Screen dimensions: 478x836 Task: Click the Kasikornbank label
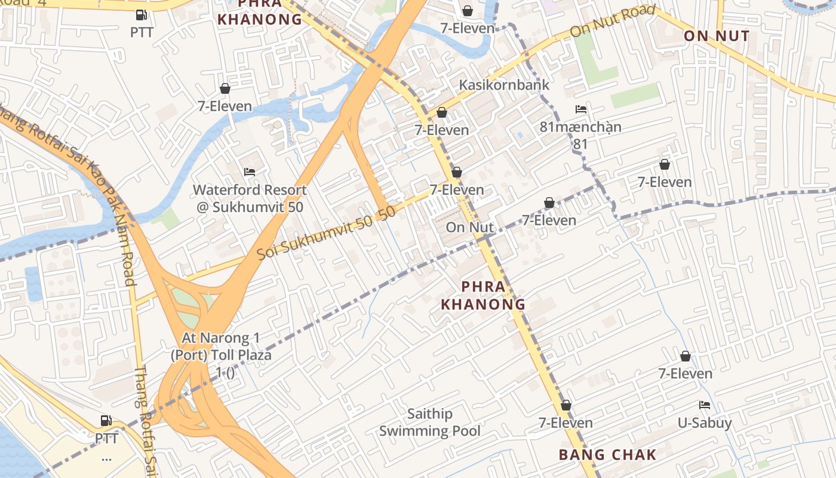pos(503,85)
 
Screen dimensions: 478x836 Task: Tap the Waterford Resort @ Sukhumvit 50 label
pos(250,198)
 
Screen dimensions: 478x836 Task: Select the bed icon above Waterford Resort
pos(250,172)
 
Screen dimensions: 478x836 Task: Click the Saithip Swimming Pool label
pos(429,422)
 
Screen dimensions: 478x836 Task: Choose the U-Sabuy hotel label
pos(704,423)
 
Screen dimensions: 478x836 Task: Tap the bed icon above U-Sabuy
pos(705,405)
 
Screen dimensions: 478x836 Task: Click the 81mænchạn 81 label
pos(580,135)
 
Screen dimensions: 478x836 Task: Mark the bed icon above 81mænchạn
pos(580,109)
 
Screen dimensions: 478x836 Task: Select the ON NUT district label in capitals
pos(716,36)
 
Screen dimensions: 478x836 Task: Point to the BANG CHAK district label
pos(607,455)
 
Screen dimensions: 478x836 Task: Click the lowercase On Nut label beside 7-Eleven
pos(470,227)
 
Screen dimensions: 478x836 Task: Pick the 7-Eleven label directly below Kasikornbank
pos(441,130)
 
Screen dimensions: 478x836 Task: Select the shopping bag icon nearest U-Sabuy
pos(685,356)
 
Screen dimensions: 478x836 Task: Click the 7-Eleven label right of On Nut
pos(549,220)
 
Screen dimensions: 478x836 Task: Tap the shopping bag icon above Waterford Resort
pos(225,88)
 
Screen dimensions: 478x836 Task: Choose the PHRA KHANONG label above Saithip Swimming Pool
pos(483,296)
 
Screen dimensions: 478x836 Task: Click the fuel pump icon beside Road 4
pos(142,15)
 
